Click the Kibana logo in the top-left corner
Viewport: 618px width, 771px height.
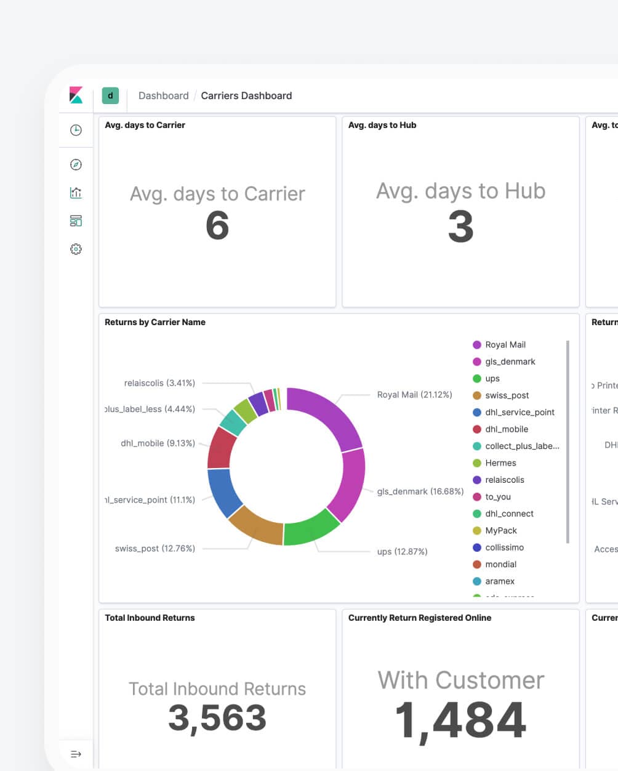(76, 95)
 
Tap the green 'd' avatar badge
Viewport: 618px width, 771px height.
(110, 95)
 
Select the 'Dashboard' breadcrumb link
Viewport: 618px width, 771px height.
(163, 95)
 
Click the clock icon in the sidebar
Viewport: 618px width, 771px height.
(76, 130)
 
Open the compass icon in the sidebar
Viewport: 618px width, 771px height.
(76, 164)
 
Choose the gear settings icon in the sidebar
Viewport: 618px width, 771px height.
(76, 249)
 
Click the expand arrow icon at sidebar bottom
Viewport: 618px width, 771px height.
(76, 754)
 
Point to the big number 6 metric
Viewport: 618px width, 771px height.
(217, 225)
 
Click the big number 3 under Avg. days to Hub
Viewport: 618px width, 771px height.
(460, 226)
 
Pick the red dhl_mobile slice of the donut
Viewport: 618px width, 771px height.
(221, 446)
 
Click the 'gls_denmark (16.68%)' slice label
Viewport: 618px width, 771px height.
(420, 491)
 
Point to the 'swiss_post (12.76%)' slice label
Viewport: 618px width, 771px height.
(154, 548)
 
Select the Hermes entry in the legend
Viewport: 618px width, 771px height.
(500, 463)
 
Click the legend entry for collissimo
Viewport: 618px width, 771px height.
(504, 547)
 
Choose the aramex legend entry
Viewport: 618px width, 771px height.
(499, 581)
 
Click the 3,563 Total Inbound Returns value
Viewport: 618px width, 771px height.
(217, 718)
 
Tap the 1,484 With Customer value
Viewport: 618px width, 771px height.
(460, 720)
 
